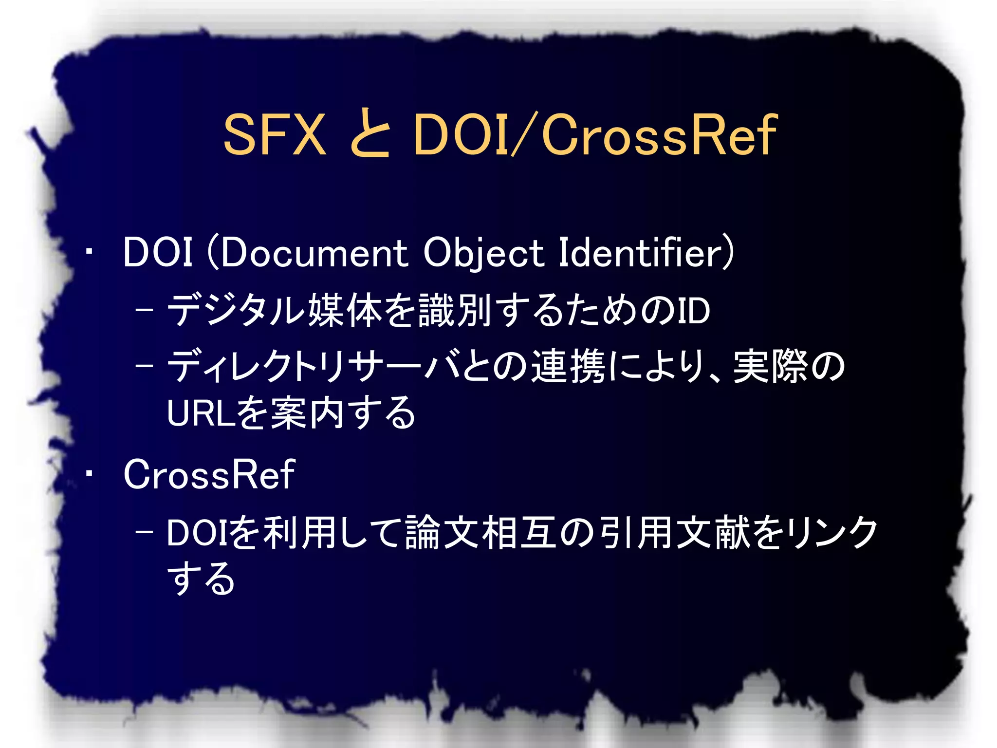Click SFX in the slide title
click(x=275, y=134)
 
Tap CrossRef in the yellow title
click(x=659, y=134)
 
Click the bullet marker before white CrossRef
click(x=89, y=473)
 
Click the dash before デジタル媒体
click(x=144, y=310)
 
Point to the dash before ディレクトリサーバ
click(x=144, y=366)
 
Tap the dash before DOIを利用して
click(x=144, y=532)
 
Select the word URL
click(x=201, y=413)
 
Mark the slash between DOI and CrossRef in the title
click(x=524, y=134)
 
